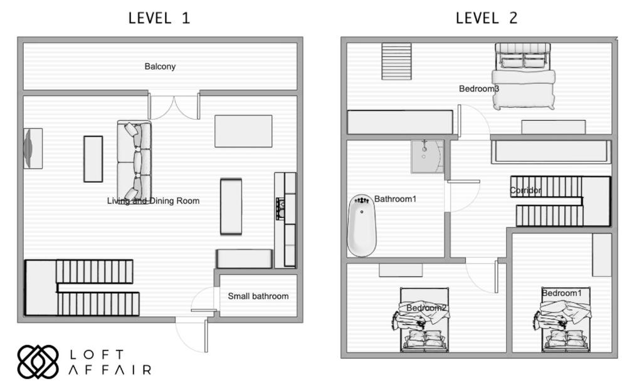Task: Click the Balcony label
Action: [160, 66]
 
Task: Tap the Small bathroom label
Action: [258, 296]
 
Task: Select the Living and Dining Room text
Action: [153, 201]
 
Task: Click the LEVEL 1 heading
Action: [159, 18]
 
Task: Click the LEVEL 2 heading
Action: [487, 18]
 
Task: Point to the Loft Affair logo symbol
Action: [38, 362]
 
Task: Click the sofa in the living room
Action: [134, 160]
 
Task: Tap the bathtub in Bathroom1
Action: [362, 225]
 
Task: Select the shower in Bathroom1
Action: [427, 156]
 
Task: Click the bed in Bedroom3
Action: [524, 76]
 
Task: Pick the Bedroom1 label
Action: [561, 292]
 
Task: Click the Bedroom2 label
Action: [426, 307]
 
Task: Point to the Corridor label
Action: [525, 190]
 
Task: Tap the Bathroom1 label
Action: [395, 199]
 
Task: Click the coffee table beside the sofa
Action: [93, 159]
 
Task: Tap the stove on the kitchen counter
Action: [281, 209]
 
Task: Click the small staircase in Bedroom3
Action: [396, 61]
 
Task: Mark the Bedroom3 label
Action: [478, 88]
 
